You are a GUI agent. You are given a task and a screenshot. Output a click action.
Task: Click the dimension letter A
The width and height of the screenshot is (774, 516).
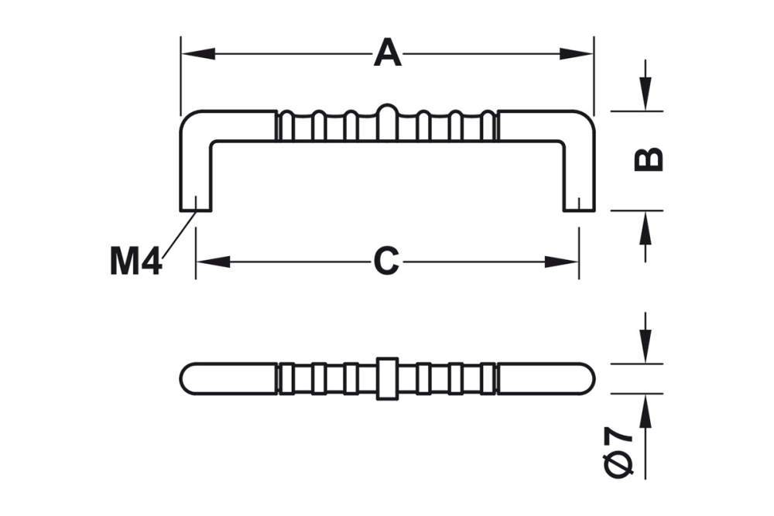point(388,54)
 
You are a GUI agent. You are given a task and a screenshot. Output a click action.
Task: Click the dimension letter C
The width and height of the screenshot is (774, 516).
point(386,261)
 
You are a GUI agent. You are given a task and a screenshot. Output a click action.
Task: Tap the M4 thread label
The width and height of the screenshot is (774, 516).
point(135,262)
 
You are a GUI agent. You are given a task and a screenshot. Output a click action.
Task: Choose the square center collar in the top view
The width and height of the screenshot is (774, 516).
point(387,378)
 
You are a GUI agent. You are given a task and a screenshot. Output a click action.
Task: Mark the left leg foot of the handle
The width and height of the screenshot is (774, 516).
point(196,203)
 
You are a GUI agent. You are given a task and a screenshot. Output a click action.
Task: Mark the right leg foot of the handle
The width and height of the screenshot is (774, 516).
point(578,203)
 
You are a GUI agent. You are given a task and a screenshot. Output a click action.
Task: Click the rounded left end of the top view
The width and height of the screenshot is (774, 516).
point(190,378)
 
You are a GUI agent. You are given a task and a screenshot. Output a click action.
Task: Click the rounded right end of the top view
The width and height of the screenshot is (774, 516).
point(586,378)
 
